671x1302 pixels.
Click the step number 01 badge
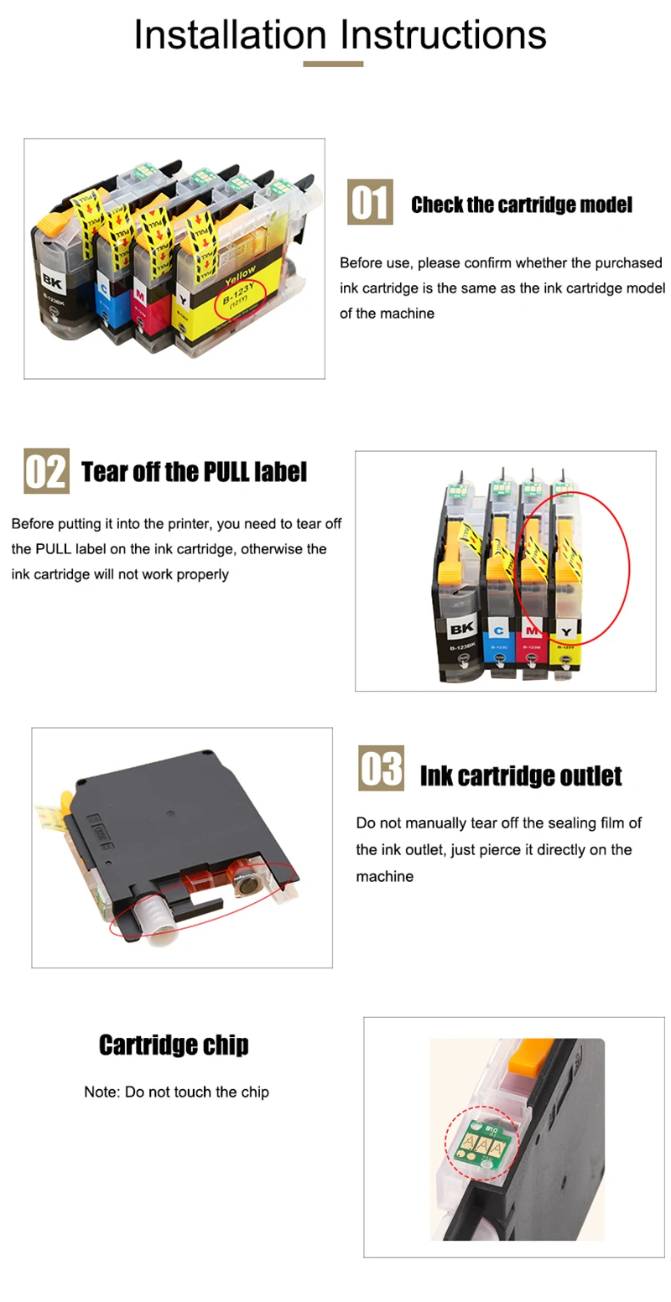pos(370,202)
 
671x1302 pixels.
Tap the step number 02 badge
pos(46,471)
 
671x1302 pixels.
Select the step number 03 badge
pos(382,768)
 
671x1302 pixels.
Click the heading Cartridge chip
pos(174,1045)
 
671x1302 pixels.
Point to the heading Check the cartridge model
pos(522,205)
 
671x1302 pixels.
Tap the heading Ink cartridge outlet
pos(521,776)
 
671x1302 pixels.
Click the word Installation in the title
pos(231,34)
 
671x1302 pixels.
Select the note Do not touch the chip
pos(176,1092)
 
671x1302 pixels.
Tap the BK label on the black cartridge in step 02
pos(461,629)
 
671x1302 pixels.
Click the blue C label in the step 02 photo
pos(498,630)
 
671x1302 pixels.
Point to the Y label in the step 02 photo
pos(566,632)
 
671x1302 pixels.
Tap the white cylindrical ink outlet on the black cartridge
pos(150,918)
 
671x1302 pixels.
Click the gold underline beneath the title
pos(333,64)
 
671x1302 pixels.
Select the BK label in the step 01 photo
pos(51,282)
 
